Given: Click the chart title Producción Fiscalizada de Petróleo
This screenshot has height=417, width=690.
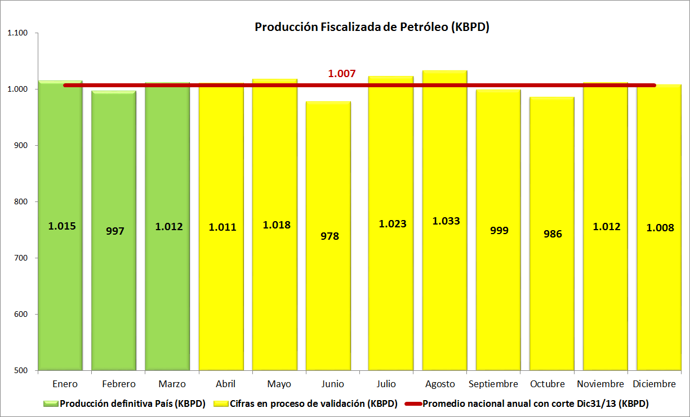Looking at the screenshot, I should (372, 27).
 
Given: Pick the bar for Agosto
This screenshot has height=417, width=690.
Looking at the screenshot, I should (445, 293).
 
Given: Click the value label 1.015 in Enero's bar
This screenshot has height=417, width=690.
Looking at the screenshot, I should (62, 226).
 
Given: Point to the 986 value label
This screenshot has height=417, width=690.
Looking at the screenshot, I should (553, 234).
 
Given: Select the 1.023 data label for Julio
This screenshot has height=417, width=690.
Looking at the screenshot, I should (392, 223).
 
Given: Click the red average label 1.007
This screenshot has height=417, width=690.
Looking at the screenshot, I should (342, 73).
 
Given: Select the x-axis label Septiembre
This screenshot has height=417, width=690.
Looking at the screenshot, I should (493, 384).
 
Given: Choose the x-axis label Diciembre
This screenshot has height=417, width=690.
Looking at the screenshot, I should (654, 384).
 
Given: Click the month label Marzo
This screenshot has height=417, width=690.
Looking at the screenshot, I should (172, 384).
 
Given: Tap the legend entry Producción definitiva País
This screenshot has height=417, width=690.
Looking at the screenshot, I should (132, 403).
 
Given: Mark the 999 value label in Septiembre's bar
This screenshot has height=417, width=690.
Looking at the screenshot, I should (499, 230).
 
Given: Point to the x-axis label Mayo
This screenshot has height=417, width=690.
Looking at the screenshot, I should (279, 384).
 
